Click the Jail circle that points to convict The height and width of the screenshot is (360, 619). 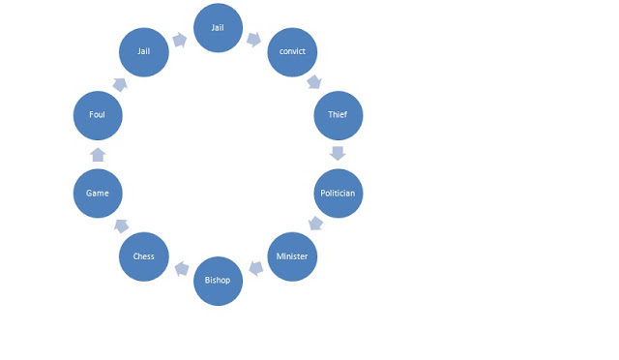pyautogui.click(x=218, y=28)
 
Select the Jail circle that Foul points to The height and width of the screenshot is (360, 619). pyautogui.click(x=144, y=51)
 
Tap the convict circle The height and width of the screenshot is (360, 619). pyautogui.click(x=292, y=51)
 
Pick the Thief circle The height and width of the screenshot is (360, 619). pyautogui.click(x=339, y=115)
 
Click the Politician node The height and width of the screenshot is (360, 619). pyautogui.click(x=339, y=194)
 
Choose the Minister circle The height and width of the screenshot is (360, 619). pyautogui.click(x=292, y=256)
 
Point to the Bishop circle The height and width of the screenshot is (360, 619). pyautogui.click(x=218, y=281)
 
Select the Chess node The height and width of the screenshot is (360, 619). pyautogui.click(x=144, y=256)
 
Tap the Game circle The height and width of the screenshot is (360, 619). pyautogui.click(x=98, y=194)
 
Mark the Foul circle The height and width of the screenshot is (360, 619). pyautogui.click(x=98, y=115)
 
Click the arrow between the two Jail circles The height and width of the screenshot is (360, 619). pyautogui.click(x=180, y=40)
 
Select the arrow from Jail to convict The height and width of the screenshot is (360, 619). pyautogui.click(x=253, y=39)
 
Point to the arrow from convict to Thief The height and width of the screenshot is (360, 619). pyautogui.click(x=314, y=82)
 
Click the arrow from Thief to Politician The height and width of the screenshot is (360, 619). pyautogui.click(x=338, y=153)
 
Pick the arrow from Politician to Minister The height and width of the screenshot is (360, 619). pyautogui.click(x=316, y=224)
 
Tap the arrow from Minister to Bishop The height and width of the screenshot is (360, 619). pyautogui.click(x=256, y=268)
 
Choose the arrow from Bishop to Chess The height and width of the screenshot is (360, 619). pyautogui.click(x=182, y=269)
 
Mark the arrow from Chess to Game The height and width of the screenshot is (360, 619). pyautogui.click(x=121, y=226)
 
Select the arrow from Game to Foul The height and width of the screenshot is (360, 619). pyautogui.click(x=98, y=155)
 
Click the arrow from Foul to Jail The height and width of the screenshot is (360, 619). pyautogui.click(x=120, y=84)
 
